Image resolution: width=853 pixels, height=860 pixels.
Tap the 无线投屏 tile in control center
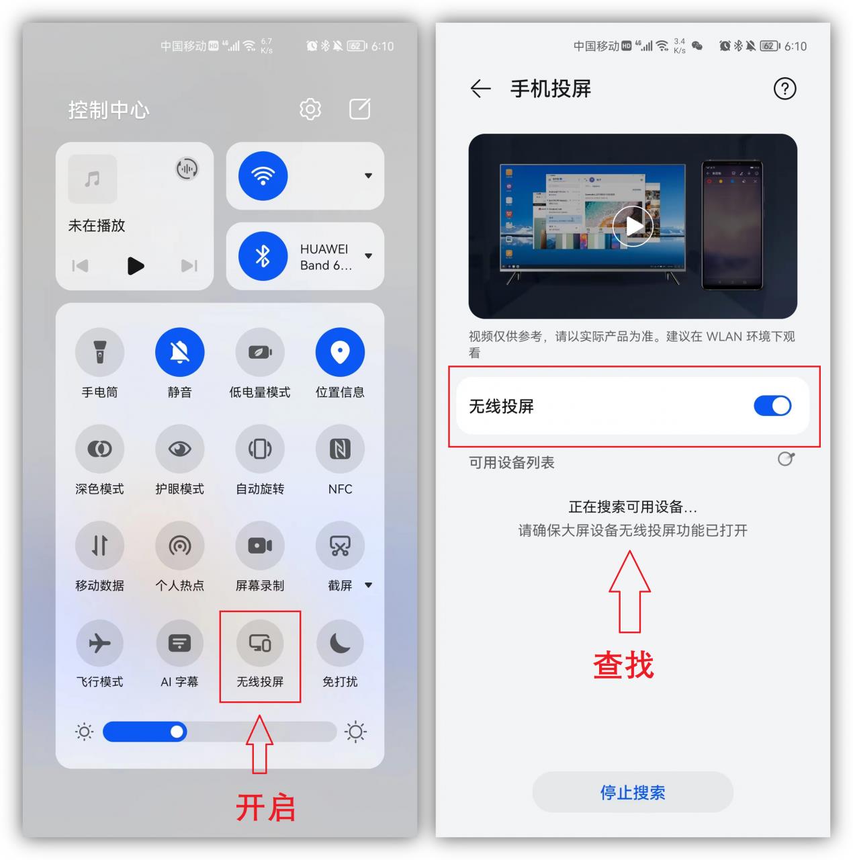tap(260, 644)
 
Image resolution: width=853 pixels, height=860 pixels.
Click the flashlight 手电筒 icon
tap(99, 352)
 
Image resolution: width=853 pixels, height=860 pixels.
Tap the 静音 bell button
tap(179, 352)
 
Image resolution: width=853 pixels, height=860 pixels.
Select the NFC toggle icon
tap(340, 449)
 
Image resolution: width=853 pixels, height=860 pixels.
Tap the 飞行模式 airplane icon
tap(99, 643)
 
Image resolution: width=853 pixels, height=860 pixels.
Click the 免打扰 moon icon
tap(340, 643)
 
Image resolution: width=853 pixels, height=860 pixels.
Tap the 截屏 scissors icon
tap(340, 546)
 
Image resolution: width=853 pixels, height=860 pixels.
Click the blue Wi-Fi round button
tap(263, 176)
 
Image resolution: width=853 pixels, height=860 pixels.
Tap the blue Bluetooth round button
tap(263, 256)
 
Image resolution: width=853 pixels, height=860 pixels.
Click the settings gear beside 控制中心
tap(310, 109)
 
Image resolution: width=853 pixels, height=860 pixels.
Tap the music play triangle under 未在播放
tap(136, 266)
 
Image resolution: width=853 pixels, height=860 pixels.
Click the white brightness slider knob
tap(177, 732)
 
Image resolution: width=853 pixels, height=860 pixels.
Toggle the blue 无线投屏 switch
tap(772, 406)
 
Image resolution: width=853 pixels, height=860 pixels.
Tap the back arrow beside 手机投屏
tap(480, 89)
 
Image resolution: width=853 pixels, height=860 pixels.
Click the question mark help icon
tap(784, 89)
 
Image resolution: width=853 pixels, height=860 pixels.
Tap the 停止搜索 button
tap(632, 792)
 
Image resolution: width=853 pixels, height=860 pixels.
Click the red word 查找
tap(623, 665)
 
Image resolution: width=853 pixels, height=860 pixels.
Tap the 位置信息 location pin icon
tap(340, 352)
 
